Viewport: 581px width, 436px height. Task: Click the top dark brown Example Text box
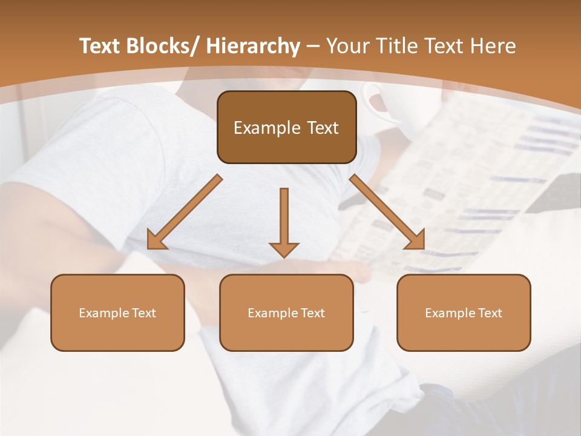point(286,127)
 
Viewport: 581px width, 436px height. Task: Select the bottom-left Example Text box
point(117,312)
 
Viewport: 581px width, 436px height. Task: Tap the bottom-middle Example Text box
point(286,312)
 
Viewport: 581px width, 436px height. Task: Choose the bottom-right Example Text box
point(464,312)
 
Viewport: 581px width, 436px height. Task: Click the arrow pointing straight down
point(284,222)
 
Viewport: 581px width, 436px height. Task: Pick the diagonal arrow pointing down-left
point(185,212)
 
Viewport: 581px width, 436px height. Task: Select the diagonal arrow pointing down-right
point(387,212)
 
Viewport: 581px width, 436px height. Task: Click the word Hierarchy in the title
point(253,46)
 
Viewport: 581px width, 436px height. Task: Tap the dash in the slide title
point(313,46)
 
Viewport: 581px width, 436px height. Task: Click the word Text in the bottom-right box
point(490,312)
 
